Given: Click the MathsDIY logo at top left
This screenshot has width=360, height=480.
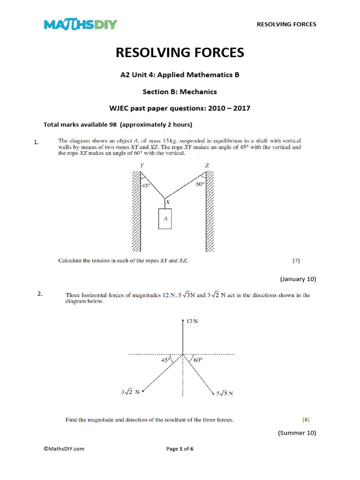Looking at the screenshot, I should (80, 24).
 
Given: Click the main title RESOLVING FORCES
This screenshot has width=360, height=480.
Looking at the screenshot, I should (180, 52).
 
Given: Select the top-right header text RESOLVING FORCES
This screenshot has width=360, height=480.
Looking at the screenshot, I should (286, 24).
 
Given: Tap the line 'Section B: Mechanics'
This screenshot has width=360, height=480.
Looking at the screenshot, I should (180, 91).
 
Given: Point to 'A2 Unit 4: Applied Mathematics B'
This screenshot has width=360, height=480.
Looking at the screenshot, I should (180, 75).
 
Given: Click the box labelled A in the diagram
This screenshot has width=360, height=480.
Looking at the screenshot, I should (165, 218).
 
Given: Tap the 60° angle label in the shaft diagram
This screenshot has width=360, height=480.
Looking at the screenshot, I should (200, 185).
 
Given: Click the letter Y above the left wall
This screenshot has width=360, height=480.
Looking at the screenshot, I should (142, 165).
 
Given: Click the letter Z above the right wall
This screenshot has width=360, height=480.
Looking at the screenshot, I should (207, 165).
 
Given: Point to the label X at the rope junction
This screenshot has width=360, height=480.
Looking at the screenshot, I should (168, 202).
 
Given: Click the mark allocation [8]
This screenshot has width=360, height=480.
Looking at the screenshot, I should (306, 420).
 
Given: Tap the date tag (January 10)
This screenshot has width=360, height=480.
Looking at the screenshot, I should (298, 279).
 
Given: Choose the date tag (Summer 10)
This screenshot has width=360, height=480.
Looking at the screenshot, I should (297, 433).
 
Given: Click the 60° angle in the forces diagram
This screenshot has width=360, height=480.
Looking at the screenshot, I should (197, 360).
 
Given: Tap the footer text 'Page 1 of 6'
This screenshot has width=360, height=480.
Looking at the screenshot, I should (180, 449).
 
